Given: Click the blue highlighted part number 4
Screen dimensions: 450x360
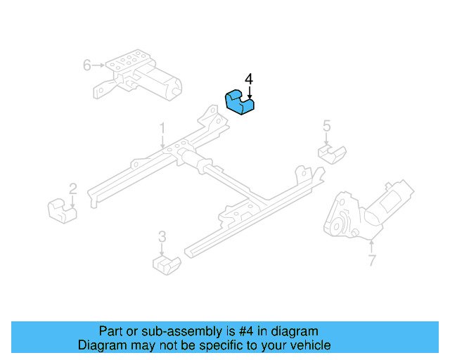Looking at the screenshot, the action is click(240, 103).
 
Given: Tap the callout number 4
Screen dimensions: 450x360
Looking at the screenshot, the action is click(249, 79).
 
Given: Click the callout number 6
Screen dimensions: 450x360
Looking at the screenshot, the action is click(87, 65).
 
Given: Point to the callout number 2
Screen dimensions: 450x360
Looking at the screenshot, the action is click(73, 189).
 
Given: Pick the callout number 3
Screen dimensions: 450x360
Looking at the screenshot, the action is click(162, 237).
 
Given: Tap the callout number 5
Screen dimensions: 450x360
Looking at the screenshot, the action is click(327, 126).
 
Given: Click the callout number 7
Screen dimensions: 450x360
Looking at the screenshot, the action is click(372, 260).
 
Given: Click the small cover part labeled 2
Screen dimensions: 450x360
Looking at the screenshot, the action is click(63, 211).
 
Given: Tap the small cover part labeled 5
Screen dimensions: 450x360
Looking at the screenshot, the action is click(332, 155).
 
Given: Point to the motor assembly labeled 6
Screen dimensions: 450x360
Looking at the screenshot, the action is click(138, 75).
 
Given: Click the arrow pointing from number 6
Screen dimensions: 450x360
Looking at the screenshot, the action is click(98, 65).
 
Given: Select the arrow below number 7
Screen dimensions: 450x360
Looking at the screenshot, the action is click(372, 247).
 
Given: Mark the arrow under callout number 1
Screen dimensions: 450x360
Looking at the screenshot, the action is click(162, 142).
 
